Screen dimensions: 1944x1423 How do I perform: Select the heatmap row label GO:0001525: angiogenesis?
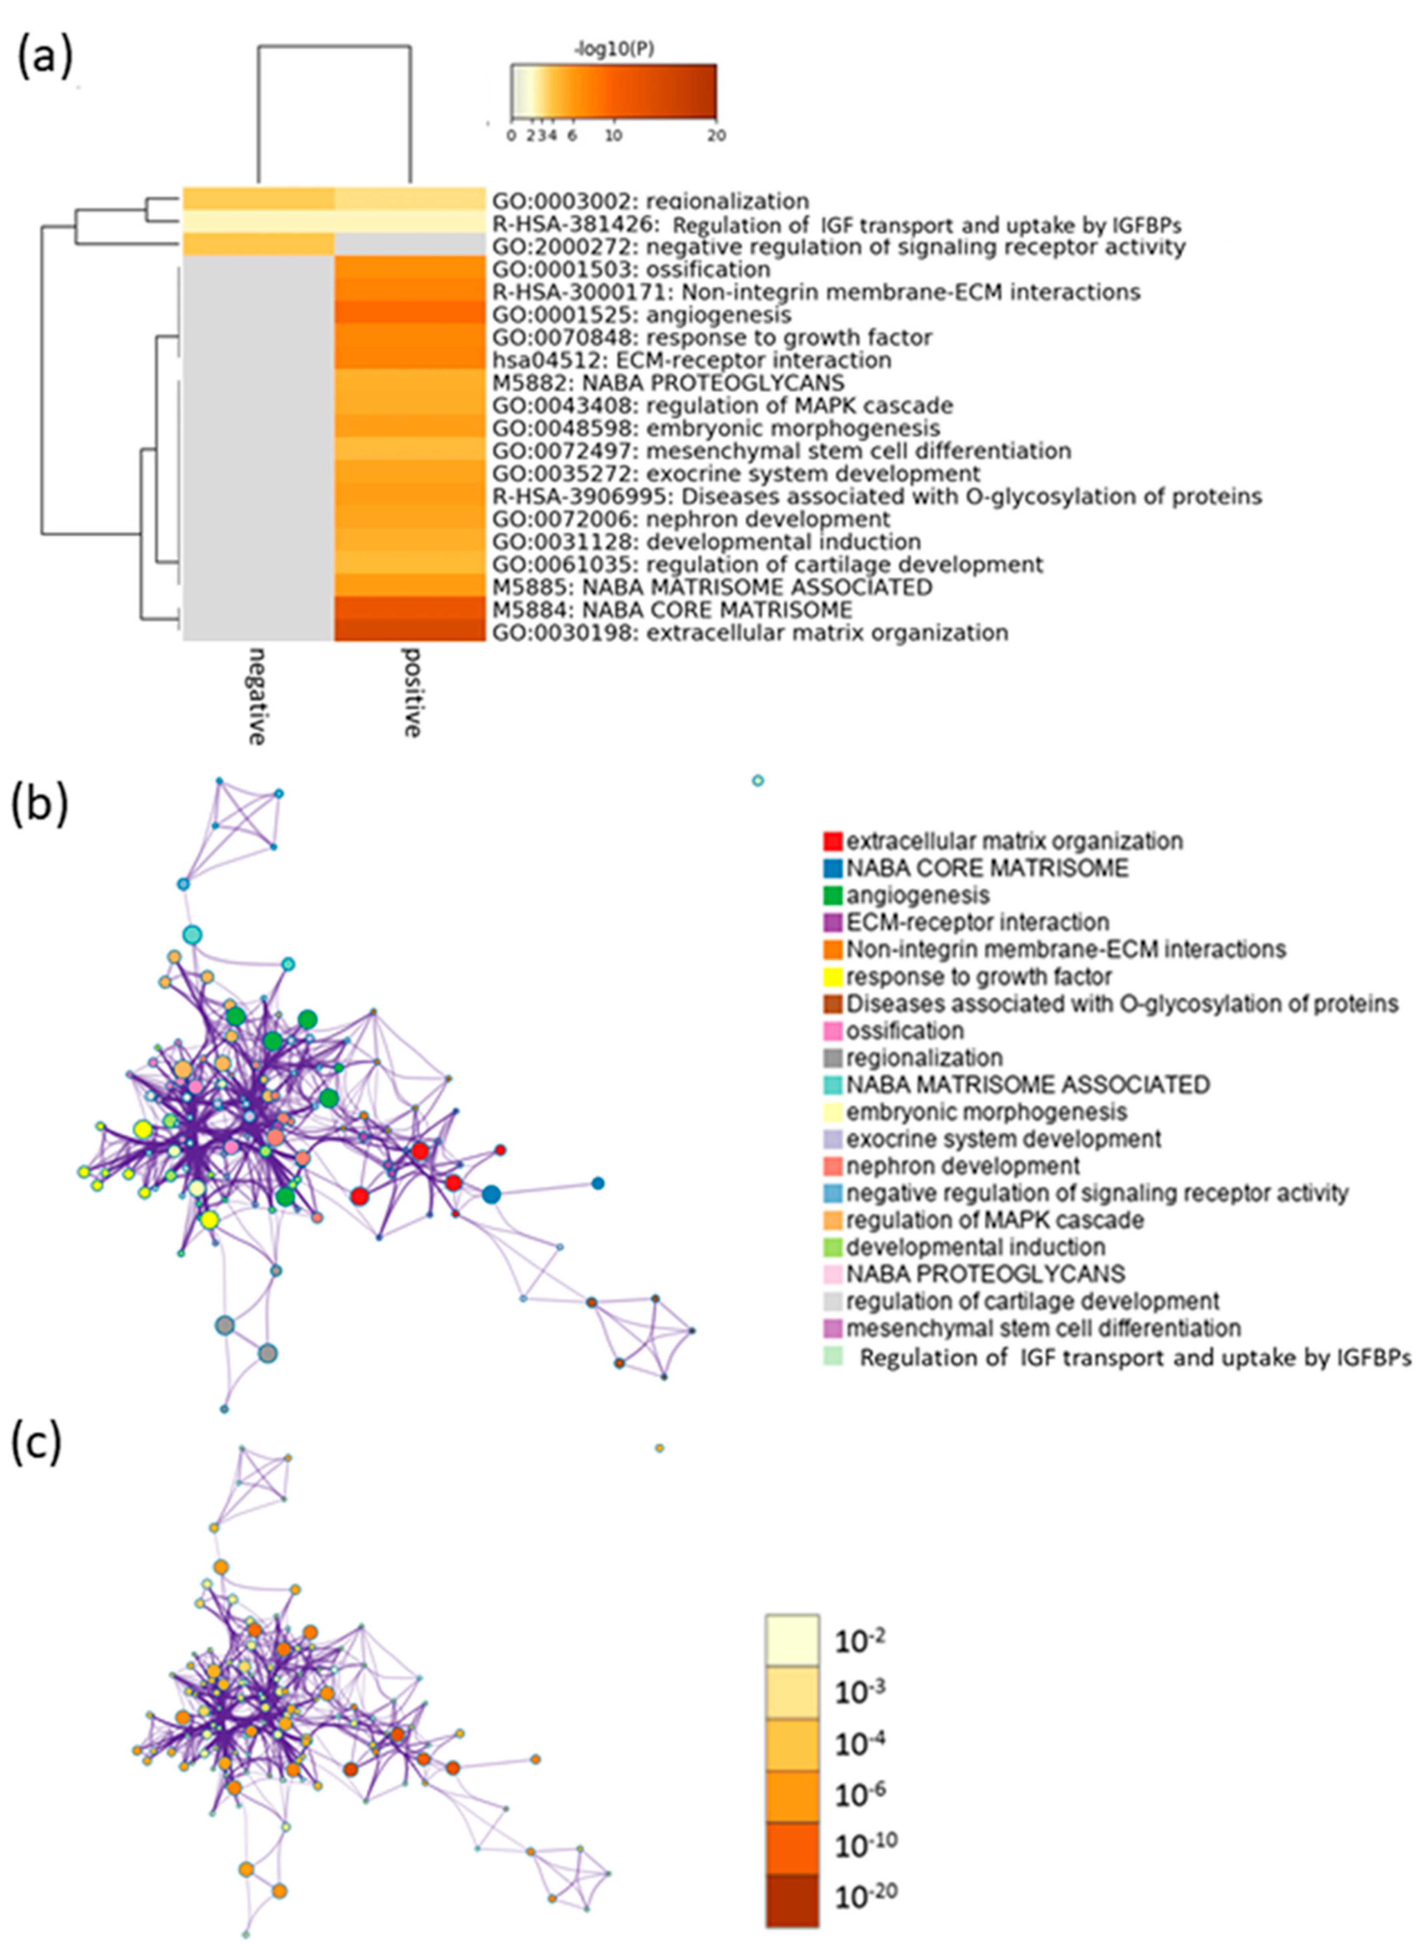click(642, 314)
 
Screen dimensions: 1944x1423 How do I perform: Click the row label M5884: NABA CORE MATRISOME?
click(672, 610)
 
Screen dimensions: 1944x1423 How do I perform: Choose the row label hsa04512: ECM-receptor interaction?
click(692, 360)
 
